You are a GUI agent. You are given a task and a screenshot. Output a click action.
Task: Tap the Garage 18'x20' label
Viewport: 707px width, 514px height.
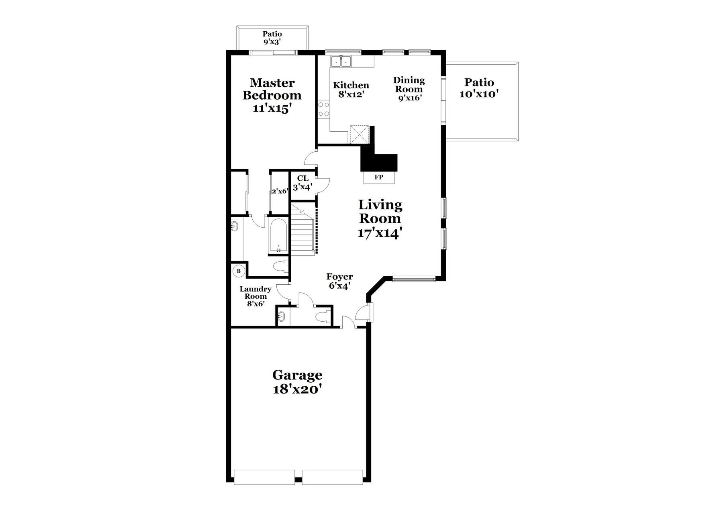pos(297,382)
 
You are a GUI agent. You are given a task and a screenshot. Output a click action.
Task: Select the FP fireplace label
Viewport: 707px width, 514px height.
pos(378,177)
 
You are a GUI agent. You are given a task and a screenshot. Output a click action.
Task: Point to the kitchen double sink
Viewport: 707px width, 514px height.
pos(341,61)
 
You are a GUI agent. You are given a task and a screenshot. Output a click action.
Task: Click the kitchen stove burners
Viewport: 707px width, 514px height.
pos(324,109)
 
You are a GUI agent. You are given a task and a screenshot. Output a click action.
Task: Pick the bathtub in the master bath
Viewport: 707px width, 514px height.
pos(278,236)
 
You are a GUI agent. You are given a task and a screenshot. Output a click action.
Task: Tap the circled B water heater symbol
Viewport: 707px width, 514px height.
pos(239,271)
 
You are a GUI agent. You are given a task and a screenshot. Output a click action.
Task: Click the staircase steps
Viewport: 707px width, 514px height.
pos(302,228)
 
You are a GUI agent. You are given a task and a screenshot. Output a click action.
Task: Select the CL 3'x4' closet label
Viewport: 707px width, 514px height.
pos(302,183)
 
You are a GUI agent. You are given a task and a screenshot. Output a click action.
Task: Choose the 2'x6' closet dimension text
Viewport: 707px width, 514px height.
pos(280,191)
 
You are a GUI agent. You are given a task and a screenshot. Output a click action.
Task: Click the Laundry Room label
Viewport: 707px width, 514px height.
pos(255,296)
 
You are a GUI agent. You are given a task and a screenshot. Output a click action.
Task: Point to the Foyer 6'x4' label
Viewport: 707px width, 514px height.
pos(339,281)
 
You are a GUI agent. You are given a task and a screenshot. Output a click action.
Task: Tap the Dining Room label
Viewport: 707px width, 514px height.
pos(409,89)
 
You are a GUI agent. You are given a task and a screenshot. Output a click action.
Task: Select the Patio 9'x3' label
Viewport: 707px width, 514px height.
pos(272,38)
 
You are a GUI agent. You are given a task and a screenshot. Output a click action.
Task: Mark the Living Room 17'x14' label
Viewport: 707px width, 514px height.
pos(380,219)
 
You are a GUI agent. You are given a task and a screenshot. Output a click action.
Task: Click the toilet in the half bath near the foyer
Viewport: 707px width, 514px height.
pos(323,317)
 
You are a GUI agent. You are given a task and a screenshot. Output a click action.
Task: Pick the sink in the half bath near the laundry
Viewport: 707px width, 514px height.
pos(281,316)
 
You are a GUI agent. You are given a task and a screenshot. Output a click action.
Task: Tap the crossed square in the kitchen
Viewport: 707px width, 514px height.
pos(359,134)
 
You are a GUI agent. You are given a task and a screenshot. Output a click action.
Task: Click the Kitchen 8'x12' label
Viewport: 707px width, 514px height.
pos(351,90)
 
